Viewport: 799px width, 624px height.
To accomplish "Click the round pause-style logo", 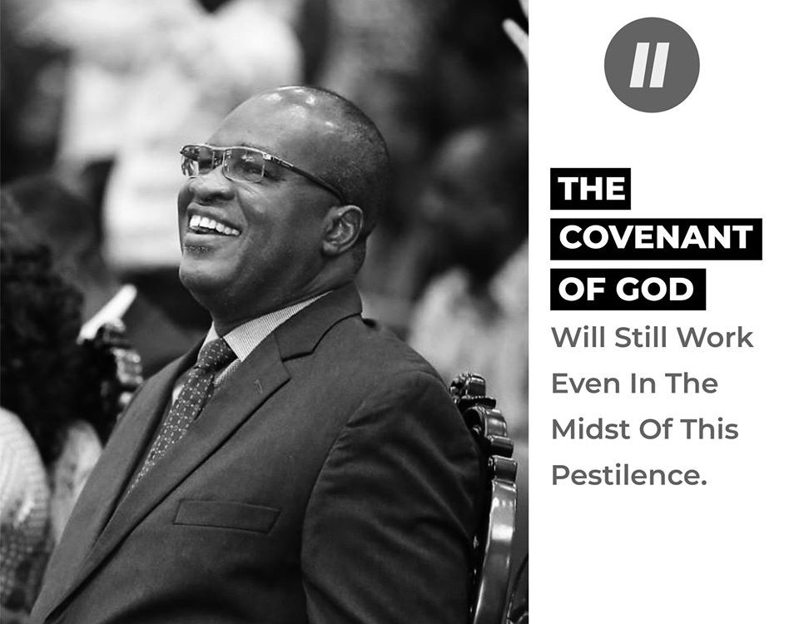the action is point(652,65).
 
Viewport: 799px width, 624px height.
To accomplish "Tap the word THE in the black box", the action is point(591,189).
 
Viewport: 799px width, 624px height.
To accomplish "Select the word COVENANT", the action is point(656,237).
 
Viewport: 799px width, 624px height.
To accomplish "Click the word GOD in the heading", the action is point(655,290).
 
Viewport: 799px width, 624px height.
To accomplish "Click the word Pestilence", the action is point(629,475).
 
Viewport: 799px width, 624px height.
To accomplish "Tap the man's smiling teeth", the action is point(213,225).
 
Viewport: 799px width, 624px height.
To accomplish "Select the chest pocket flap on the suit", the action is point(226,516).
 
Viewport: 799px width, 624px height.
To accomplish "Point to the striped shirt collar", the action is point(265,326).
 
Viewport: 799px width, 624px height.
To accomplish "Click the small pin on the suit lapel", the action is point(259,386).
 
